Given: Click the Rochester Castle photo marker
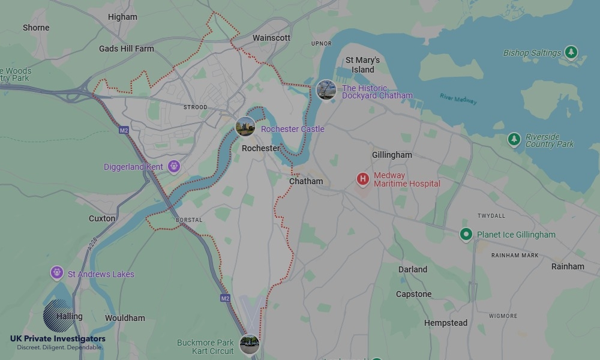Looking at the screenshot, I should coord(245,127).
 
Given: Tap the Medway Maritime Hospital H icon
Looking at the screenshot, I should coord(362,179).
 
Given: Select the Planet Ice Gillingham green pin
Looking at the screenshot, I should coord(466,235).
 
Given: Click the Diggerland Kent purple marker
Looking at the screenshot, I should coord(174,167).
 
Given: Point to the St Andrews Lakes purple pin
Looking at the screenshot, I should coord(57,274).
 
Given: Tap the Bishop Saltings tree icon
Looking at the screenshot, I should coord(571,53).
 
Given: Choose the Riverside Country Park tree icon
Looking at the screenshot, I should coord(514,140).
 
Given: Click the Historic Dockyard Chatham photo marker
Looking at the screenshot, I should coord(326,90).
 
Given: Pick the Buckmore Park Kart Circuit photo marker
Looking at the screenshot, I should coord(249,345).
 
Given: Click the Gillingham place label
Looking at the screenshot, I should coord(392,155).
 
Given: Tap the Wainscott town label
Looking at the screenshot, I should coord(271,38).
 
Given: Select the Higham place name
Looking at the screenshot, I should coord(122,17).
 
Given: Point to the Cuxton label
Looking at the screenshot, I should coord(102,218).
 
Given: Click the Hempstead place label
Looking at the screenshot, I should coord(446,323).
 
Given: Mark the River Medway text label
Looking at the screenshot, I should coord(458,99).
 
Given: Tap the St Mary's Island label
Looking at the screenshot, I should coord(362,65).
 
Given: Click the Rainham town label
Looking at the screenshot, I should coord(568,266).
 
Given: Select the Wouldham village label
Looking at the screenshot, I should coord(125,318).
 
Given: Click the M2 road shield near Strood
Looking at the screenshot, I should coord(124,130).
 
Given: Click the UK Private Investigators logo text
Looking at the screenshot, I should coord(58,339).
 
